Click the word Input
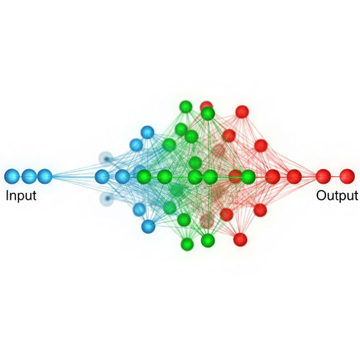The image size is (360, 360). [x=21, y=196]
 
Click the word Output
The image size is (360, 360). [x=337, y=195]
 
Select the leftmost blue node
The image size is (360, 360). [x=12, y=176]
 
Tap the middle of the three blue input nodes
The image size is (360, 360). [x=30, y=176]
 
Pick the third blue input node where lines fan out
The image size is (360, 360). [x=44, y=176]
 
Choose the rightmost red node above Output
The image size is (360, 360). [x=347, y=176]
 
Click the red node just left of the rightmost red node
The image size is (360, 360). [x=323, y=176]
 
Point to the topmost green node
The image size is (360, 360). [x=186, y=107]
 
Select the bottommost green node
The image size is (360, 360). [x=187, y=244]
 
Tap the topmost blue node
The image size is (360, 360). [x=147, y=132]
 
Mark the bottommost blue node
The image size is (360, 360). [x=148, y=226]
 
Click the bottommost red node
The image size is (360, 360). [x=240, y=239]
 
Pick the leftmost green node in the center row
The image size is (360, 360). [x=144, y=177]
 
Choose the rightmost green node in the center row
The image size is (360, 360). [x=248, y=177]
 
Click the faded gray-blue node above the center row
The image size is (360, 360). [x=106, y=158]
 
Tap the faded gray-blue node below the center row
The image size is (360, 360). [x=107, y=199]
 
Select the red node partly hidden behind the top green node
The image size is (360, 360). [x=206, y=105]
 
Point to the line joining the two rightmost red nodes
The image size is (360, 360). [x=335, y=176]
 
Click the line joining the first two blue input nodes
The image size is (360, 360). [x=21, y=176]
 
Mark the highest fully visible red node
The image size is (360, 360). [x=242, y=112]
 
